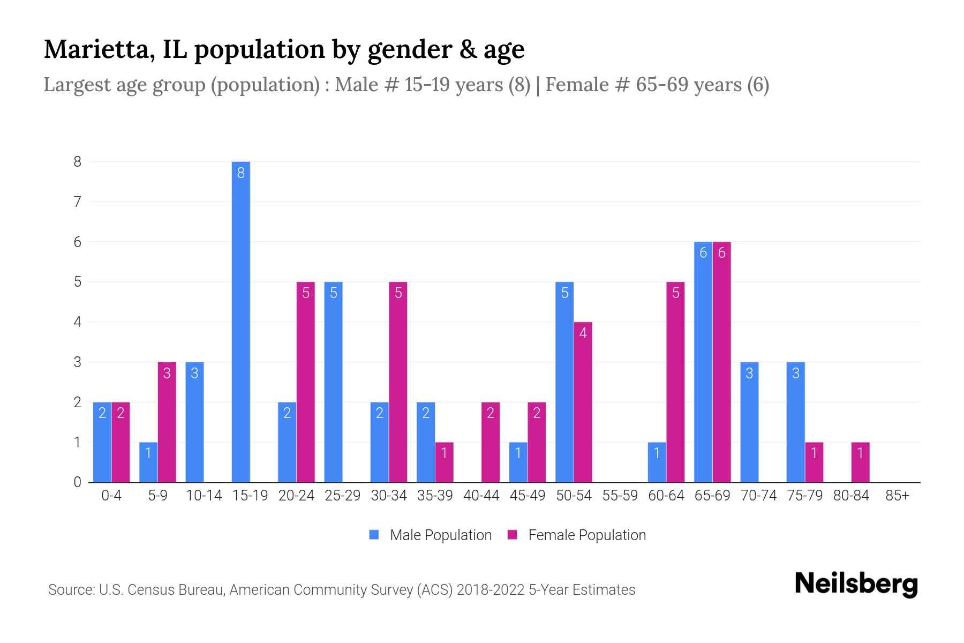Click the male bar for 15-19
coord(240,322)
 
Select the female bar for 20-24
coord(305,382)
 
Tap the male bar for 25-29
coord(333,382)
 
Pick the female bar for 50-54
coord(583,402)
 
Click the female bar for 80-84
coord(860,462)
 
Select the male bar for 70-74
coord(749,422)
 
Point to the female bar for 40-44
coord(490,442)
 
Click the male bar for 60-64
coord(657,462)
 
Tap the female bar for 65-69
coord(721,362)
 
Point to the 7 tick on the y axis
coord(78,202)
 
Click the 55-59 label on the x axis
coord(620,496)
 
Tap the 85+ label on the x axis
coord(897,496)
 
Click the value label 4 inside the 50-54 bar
coord(583,333)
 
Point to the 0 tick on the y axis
coord(78,482)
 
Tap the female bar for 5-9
coord(167,422)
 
